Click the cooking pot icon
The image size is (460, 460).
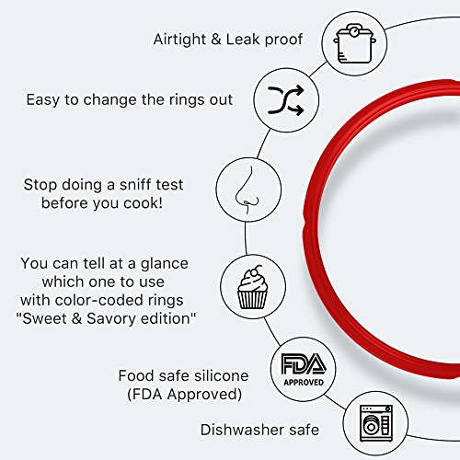(355, 44)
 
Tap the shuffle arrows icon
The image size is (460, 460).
(286, 100)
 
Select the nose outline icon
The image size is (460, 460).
(247, 190)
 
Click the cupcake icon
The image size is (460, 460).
(253, 288)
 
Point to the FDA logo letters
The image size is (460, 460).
(304, 363)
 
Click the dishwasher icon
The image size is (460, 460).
(376, 423)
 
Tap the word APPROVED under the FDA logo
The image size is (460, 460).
(304, 383)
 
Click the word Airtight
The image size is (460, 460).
(179, 40)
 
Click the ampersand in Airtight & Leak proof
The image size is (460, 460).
(216, 40)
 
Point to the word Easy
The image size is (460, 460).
(43, 100)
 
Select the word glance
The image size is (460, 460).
(165, 264)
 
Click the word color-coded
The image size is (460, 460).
(98, 300)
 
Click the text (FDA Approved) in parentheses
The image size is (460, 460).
(185, 395)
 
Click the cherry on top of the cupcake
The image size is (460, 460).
(253, 272)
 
